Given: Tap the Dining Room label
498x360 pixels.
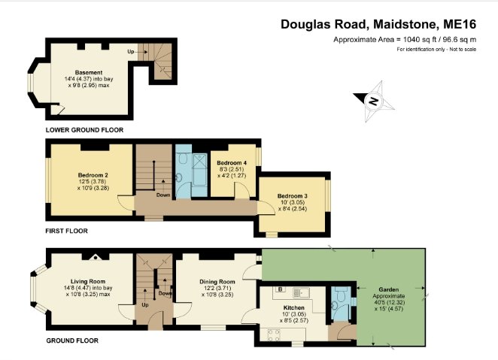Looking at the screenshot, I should click(x=217, y=282).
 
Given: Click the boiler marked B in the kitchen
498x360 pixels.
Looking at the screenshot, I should click(x=281, y=289).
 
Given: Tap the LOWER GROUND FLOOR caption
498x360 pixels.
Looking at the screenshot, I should click(x=84, y=129).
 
